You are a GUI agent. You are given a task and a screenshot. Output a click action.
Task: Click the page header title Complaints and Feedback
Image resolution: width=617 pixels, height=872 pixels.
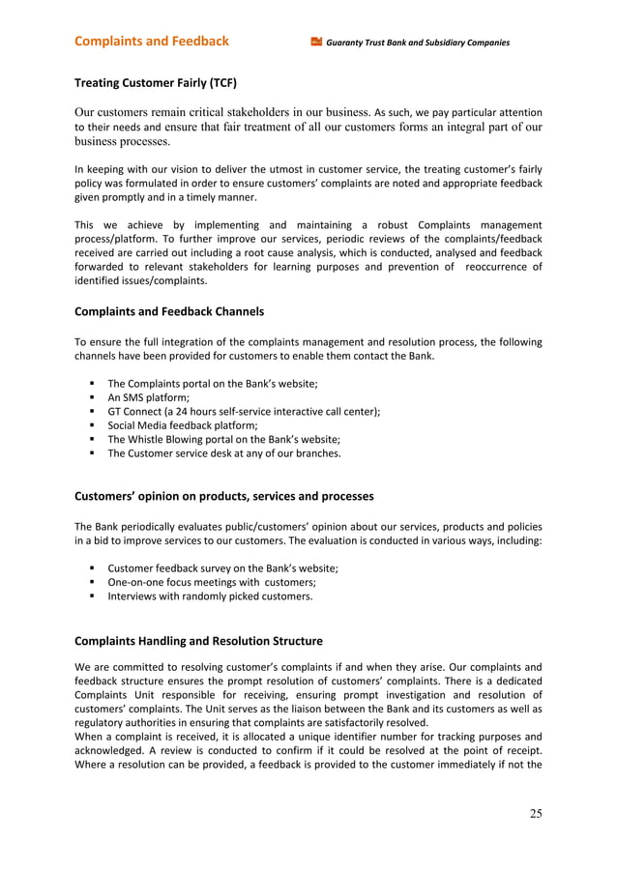152,41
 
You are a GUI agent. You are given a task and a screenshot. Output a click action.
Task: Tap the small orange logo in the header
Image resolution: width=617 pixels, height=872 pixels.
315,42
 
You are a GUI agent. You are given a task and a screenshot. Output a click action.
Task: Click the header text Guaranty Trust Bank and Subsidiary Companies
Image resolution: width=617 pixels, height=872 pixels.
418,43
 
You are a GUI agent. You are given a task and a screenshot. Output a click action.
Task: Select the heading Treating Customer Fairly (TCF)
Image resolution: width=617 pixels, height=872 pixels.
156,82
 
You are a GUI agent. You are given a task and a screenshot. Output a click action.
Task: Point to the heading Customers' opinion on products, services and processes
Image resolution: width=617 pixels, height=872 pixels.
224,496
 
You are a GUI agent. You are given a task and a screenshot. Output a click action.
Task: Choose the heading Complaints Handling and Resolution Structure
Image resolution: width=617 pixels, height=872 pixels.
198,640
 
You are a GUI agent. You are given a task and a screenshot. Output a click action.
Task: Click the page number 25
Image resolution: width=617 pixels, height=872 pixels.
536,813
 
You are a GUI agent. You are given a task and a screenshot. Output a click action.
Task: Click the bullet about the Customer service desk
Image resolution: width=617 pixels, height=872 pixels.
223,451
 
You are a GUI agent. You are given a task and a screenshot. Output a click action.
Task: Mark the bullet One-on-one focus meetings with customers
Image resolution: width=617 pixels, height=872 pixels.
212,582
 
